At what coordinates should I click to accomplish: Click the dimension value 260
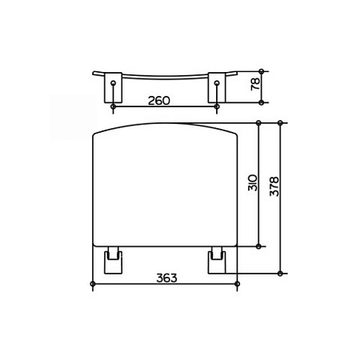pyautogui.click(x=159, y=101)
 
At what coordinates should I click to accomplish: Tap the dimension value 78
pyautogui.click(x=255, y=84)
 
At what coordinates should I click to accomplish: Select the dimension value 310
pyautogui.click(x=253, y=182)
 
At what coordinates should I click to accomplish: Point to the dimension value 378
pyautogui.click(x=274, y=186)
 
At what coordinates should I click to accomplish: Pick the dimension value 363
pyautogui.click(x=166, y=278)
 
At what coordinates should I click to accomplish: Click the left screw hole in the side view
pyautogui.click(x=114, y=82)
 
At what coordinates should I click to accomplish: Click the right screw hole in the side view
pyautogui.click(x=217, y=82)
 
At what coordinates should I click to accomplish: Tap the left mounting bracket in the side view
pyautogui.click(x=114, y=87)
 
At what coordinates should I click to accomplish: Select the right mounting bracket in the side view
pyautogui.click(x=217, y=87)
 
